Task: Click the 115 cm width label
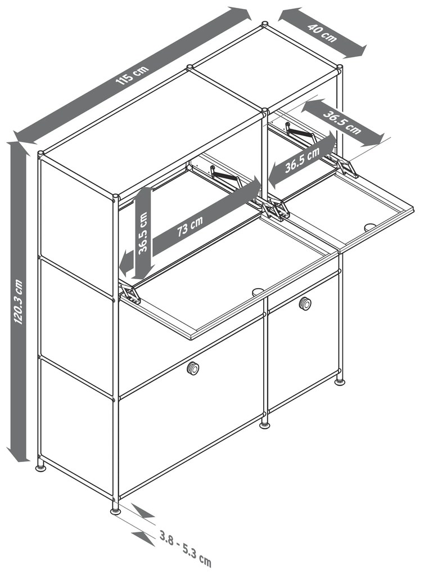(x=133, y=75)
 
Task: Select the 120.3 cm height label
(x=19, y=301)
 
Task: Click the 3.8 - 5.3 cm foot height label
(x=186, y=546)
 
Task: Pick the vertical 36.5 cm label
(x=143, y=232)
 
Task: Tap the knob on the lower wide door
(x=193, y=368)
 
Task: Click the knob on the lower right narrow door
(x=305, y=303)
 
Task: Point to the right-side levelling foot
(x=340, y=382)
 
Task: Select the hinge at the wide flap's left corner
(x=129, y=294)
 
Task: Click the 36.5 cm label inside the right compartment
(x=303, y=160)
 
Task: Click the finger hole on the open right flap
(x=370, y=227)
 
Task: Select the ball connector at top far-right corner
(x=340, y=68)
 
